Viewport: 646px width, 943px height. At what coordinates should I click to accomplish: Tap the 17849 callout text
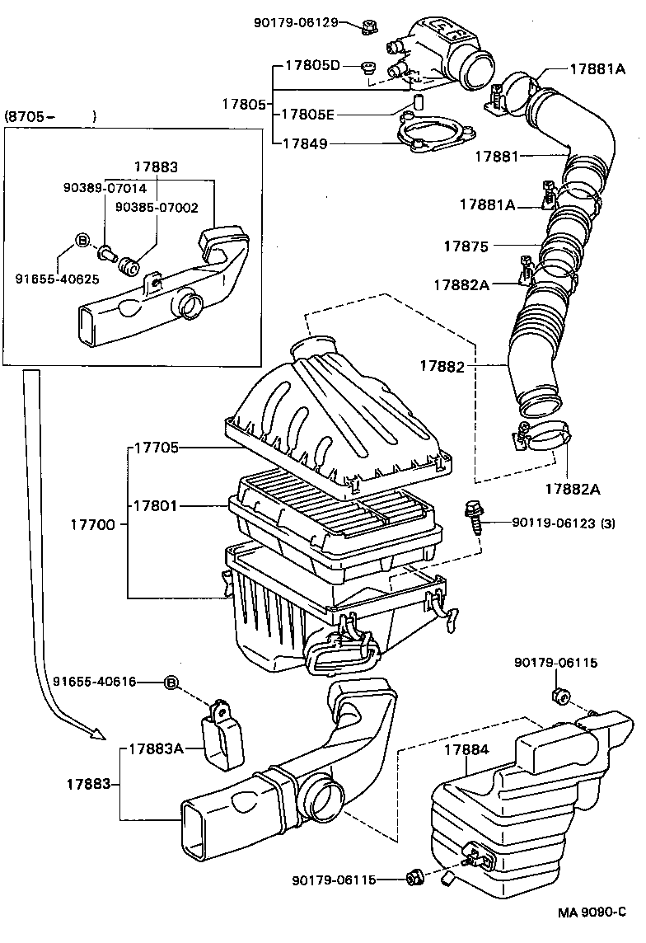click(x=305, y=143)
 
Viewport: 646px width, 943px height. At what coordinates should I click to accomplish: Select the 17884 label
click(x=466, y=749)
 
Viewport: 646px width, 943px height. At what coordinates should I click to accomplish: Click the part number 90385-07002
click(x=156, y=207)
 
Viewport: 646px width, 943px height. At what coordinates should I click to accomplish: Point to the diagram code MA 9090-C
click(x=592, y=913)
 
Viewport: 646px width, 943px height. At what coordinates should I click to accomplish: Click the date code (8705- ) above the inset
click(x=50, y=116)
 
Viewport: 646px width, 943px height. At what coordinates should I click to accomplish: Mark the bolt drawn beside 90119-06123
click(x=474, y=518)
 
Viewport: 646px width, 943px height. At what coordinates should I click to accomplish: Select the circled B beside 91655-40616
click(x=171, y=682)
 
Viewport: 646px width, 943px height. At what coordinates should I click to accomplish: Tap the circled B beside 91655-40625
click(x=82, y=240)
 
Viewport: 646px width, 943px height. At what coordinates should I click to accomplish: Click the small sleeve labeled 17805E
click(x=417, y=105)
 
